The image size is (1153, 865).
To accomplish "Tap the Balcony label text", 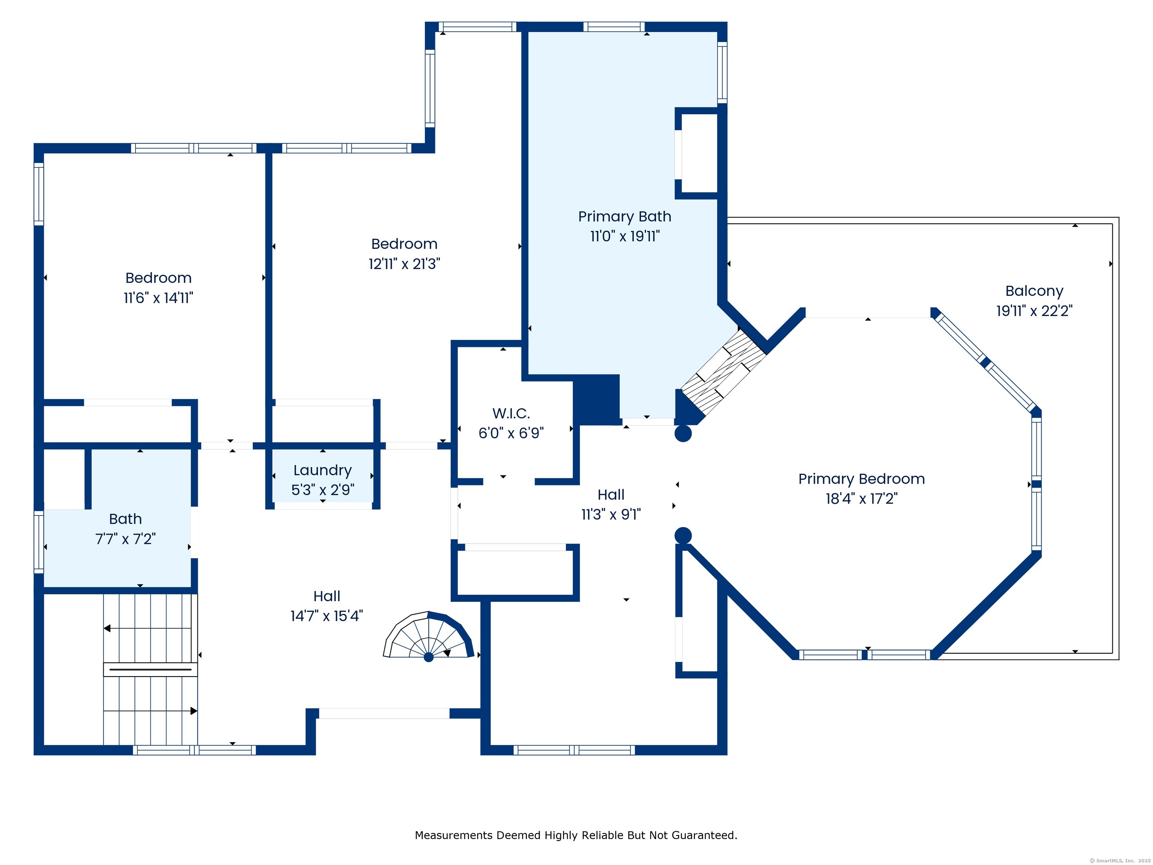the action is tap(1034, 291).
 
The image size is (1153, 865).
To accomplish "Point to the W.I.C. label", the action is tap(511, 413).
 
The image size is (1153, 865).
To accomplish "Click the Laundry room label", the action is tap(323, 471).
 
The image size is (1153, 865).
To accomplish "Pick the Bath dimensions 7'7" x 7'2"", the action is tap(125, 539).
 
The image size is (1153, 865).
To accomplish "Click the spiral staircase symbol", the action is tap(429, 636).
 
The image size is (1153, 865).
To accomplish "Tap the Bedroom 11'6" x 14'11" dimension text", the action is tap(158, 298).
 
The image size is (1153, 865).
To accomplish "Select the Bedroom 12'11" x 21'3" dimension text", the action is tap(405, 264).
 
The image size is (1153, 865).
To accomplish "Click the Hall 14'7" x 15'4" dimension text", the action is tap(327, 616).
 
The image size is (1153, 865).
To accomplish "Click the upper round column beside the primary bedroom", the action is tap(683, 433).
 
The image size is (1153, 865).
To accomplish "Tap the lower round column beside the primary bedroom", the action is tap(683, 535).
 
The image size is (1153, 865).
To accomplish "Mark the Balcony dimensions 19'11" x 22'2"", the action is tap(1034, 311).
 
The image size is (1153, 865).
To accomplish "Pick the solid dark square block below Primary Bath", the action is tap(596, 400).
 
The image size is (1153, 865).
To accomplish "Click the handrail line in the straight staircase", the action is tap(151, 669).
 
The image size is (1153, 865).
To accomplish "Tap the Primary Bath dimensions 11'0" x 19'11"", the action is tap(625, 236).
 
